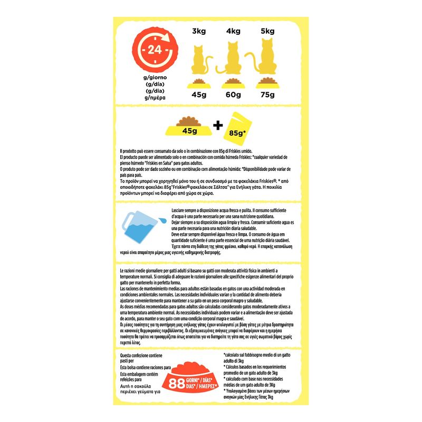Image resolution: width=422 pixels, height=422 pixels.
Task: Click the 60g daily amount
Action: coord(233,95)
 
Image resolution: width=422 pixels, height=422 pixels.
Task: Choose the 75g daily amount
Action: coord(268,95)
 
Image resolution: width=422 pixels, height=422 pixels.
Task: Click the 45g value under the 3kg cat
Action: coord(199,95)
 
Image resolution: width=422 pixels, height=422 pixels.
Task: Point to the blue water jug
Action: coord(139,231)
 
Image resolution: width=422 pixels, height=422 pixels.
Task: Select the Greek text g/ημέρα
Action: coord(154,98)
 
